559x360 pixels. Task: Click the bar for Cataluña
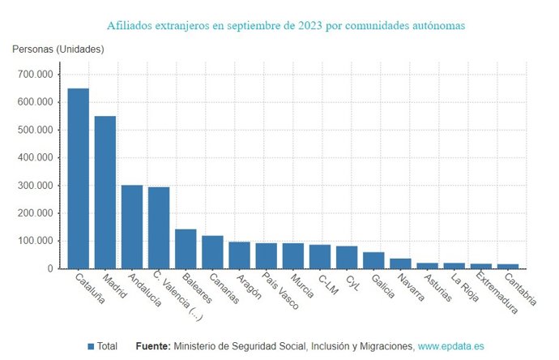[x=78, y=178]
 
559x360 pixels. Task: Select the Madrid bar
[x=105, y=192]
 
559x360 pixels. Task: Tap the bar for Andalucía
[x=132, y=227]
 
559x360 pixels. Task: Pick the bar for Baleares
[x=186, y=249]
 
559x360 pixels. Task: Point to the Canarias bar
[x=212, y=252]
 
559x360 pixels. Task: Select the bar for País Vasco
[x=266, y=256]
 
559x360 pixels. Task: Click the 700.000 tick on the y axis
[x=35, y=75]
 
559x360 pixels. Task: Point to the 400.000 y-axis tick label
[x=35, y=158]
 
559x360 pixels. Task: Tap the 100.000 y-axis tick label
[x=35, y=241]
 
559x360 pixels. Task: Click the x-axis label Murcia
[x=302, y=286]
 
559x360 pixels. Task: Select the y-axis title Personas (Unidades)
[x=58, y=49]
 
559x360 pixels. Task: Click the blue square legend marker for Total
[x=91, y=346]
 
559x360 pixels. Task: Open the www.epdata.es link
[x=450, y=346]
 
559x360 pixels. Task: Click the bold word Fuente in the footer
[x=152, y=346]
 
